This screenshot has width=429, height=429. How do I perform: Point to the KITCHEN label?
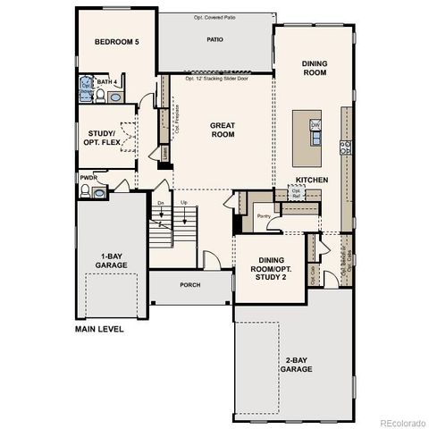313,180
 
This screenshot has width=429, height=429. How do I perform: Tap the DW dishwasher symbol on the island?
315,125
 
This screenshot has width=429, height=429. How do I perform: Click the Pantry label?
263,215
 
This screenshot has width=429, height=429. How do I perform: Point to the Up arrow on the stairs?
184,203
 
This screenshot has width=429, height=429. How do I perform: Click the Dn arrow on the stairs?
161,203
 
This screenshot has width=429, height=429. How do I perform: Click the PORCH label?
189,285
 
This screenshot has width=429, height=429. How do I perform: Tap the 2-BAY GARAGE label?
295,364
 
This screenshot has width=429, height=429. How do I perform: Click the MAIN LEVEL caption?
99,328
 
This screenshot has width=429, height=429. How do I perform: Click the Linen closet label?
165,154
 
